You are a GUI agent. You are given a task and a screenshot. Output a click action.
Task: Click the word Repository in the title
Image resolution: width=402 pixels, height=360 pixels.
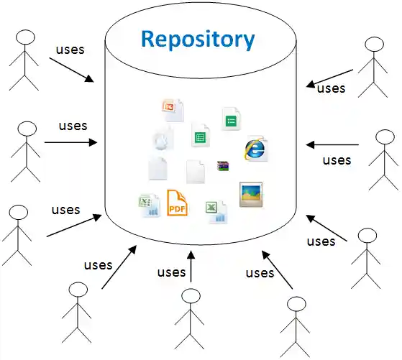click(198, 38)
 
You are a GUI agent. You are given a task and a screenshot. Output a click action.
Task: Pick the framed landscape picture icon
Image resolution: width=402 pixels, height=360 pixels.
click(251, 194)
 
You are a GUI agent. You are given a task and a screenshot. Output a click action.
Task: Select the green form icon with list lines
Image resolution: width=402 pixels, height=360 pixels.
click(230, 119)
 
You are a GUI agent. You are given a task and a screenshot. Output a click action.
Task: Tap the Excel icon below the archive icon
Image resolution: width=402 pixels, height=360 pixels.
click(216, 211)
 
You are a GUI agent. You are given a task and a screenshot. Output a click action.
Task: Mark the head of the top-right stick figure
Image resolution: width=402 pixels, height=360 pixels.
click(375, 45)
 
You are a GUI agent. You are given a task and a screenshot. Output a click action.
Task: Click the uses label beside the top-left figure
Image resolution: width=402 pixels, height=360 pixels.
click(70, 50)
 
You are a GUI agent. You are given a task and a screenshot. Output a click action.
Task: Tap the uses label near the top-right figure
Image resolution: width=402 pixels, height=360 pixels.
click(331, 88)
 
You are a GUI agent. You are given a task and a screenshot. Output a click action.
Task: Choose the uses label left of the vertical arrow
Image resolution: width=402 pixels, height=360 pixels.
click(171, 272)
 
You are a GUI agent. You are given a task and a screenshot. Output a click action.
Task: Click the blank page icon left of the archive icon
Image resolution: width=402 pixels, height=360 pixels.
click(197, 171)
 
